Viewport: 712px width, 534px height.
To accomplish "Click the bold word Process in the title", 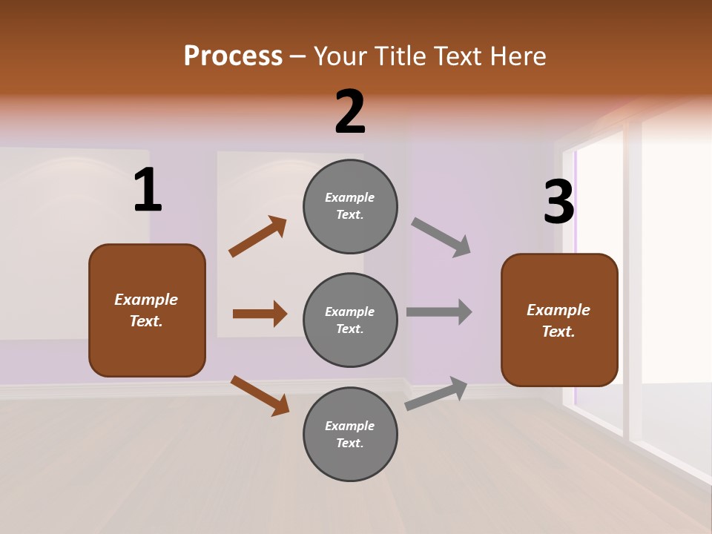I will tap(233, 56).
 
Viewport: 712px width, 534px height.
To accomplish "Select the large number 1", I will tap(148, 191).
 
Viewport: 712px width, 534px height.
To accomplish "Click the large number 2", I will tap(350, 112).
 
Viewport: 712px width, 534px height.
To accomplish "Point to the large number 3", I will tap(558, 202).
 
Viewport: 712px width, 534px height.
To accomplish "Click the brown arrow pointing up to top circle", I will tap(257, 237).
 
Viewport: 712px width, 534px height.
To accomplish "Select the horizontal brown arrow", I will tap(260, 314).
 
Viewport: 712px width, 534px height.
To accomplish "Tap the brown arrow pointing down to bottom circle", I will tap(260, 395).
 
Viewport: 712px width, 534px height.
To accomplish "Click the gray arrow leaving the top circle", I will tap(441, 237).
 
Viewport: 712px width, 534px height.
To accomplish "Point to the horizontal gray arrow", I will tap(439, 311).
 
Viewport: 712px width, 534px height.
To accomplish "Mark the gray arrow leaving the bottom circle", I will tap(436, 393).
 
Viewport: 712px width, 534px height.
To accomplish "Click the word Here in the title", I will tap(516, 56).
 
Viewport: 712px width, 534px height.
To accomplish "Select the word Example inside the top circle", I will tap(350, 197).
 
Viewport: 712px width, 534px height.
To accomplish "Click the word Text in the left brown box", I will tap(145, 321).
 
